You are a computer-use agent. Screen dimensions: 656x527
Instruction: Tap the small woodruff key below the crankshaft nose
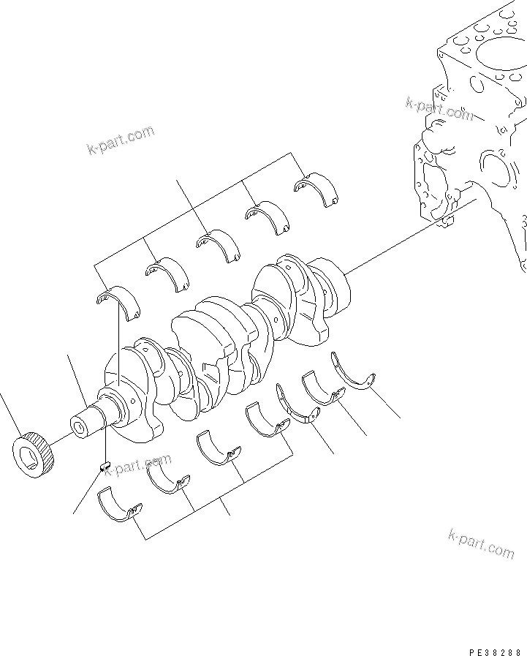pyautogui.click(x=104, y=464)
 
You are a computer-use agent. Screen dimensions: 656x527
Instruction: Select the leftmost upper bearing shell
pyautogui.click(x=118, y=303)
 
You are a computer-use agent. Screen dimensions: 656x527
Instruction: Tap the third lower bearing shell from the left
pyautogui.click(x=219, y=449)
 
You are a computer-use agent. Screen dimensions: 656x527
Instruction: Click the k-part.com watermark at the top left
pyautogui.click(x=121, y=140)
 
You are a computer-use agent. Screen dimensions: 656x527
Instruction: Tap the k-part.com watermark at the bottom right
pyautogui.click(x=481, y=543)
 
